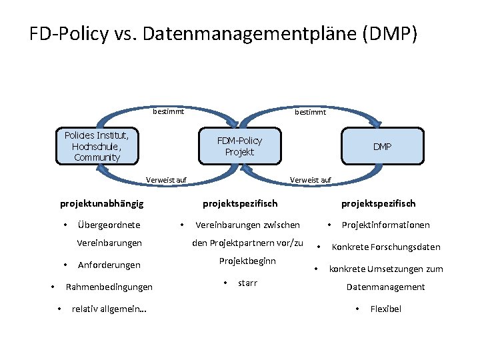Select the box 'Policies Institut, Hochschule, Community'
97,146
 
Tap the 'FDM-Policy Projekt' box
240,146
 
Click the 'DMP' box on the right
382,146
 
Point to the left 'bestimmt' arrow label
168,112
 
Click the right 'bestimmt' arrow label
310,112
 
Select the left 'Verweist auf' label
166,180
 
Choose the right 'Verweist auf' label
311,180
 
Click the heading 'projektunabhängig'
102,203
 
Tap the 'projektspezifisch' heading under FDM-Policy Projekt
240,203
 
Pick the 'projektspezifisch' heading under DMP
379,203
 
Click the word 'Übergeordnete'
109,225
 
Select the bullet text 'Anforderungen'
109,265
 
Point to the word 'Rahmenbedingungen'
109,287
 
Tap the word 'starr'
247,283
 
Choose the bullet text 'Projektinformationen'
385,225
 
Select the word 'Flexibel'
386,309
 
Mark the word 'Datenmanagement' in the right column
385,287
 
